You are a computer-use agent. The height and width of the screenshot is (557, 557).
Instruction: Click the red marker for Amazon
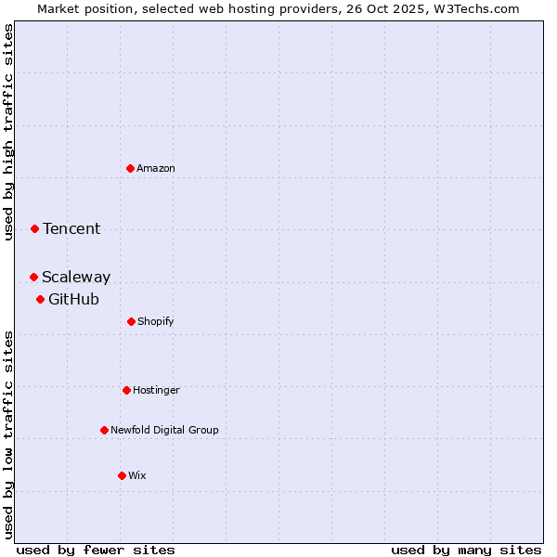tap(130, 168)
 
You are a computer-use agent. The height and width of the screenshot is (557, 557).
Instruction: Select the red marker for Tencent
tap(34, 228)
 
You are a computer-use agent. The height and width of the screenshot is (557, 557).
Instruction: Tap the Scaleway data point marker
tap(33, 277)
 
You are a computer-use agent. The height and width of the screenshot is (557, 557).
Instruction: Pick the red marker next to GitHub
tap(40, 299)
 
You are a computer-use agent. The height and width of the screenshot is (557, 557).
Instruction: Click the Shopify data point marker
tap(131, 321)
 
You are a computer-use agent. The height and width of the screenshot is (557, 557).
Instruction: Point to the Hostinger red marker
tap(126, 390)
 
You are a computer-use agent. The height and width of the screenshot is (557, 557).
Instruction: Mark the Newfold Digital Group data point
tap(104, 430)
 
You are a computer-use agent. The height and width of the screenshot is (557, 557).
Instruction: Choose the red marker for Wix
tap(122, 475)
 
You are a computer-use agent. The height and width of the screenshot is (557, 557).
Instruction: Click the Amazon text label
tap(156, 168)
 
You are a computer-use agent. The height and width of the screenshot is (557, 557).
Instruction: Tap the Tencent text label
tap(71, 228)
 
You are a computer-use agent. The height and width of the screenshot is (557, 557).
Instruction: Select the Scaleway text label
tap(76, 277)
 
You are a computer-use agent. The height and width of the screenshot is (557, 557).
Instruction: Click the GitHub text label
tap(73, 299)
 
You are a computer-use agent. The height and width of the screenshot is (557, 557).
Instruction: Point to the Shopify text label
tap(156, 321)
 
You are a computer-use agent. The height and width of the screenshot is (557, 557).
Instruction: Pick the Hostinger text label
tap(156, 390)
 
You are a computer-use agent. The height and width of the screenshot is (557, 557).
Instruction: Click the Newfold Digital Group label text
tap(164, 430)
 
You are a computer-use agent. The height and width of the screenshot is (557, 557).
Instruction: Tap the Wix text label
tap(137, 475)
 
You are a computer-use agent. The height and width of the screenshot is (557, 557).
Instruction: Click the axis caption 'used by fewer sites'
tap(96, 550)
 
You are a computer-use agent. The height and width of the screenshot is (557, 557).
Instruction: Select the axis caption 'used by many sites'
tap(466, 550)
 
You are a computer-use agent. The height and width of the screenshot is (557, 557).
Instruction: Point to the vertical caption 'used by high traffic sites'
tap(8, 132)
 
